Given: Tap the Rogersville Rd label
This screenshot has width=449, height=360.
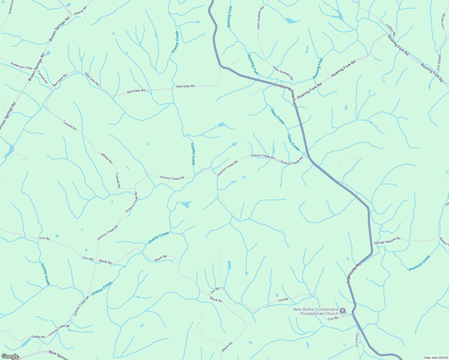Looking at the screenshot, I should point(353,273).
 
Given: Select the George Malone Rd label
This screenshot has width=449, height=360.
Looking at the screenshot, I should point(387,241).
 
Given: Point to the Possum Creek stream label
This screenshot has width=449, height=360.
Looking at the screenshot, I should point(420,263).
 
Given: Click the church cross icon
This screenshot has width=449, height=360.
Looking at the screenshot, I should point(343,311).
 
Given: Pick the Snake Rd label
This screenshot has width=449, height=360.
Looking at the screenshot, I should point(38,337).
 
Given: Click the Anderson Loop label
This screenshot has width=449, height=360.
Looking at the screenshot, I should point(21,66).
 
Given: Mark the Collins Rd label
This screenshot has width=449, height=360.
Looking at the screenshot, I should point(390,30).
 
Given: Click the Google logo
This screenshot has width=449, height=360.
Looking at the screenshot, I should point(10,356).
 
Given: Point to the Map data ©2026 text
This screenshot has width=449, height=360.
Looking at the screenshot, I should point(435,358).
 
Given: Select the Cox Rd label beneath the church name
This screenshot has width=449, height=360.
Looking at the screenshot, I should point(333,319).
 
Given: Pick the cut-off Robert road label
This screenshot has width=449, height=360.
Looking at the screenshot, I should point(444,242).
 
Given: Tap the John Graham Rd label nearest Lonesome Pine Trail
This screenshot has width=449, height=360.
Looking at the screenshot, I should point(283,73).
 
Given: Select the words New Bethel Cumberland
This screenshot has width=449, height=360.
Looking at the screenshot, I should point(315,309).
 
